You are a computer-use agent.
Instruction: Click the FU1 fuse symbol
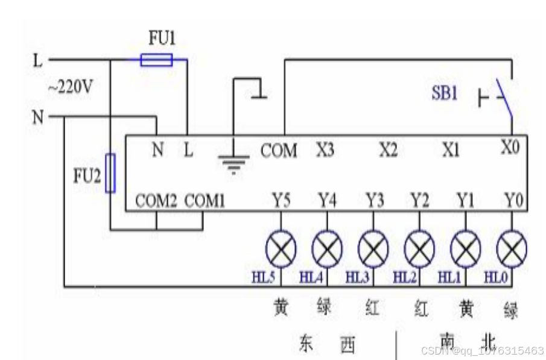tap(156, 60)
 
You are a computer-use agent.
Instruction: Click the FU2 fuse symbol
tap(110, 172)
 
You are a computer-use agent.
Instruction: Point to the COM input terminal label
tap(279, 150)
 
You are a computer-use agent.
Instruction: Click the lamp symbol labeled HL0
tap(512, 248)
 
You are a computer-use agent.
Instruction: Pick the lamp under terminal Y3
tap(373, 248)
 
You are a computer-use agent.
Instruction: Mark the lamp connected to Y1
tap(466, 248)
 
